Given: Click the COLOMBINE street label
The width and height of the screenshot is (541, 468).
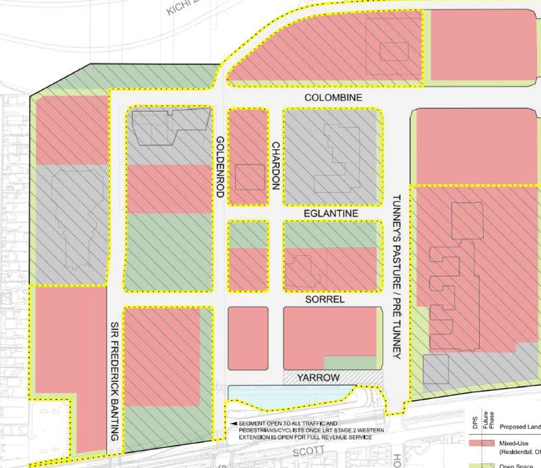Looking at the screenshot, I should (x=333, y=97).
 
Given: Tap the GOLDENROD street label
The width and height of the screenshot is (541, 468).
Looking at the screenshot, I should (x=220, y=167).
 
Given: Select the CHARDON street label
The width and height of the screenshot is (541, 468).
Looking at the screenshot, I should (x=275, y=165).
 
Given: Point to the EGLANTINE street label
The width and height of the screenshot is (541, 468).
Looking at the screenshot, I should (x=331, y=214).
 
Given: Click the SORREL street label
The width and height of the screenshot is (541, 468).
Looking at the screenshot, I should (x=325, y=299).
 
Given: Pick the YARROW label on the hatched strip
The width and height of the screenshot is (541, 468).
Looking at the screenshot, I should (x=318, y=377).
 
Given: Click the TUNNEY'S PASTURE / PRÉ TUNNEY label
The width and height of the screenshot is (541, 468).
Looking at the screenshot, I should (x=396, y=276).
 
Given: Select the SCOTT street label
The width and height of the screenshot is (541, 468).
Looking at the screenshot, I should (x=308, y=452).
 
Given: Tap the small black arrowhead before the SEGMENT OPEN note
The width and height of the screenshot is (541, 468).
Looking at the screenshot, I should (x=233, y=423).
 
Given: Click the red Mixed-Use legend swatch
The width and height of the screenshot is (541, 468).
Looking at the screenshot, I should (x=481, y=443).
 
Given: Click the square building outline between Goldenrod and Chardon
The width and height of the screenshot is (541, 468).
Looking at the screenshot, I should (x=250, y=177).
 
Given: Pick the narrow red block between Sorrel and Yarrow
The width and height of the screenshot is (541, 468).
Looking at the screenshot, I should (x=248, y=338).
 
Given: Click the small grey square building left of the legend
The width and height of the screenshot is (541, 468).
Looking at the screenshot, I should (x=435, y=369).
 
